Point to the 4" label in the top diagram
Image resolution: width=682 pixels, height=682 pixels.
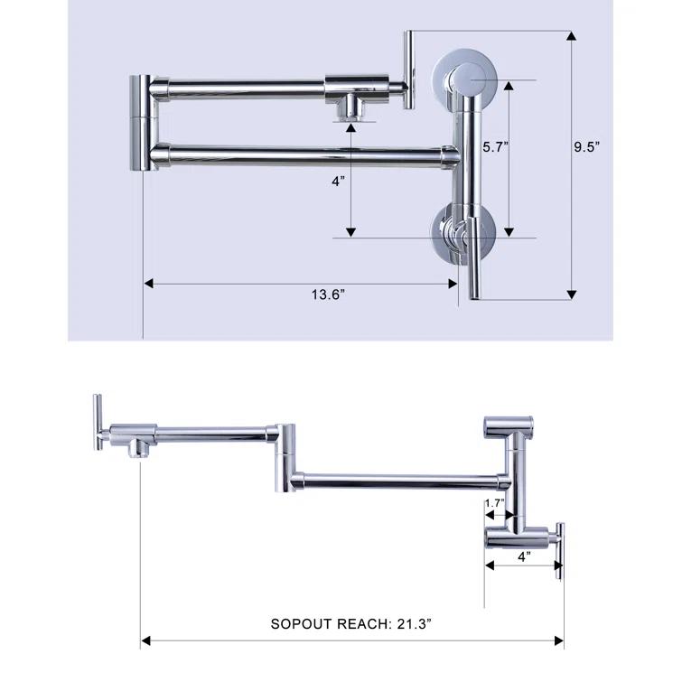pyautogui.click(x=339, y=181)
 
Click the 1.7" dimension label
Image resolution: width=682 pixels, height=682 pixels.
pyautogui.click(x=494, y=503)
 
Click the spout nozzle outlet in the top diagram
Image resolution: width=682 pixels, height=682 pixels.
pyautogui.click(x=350, y=111)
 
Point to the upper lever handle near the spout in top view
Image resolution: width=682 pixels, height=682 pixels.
pyautogui.click(x=408, y=70)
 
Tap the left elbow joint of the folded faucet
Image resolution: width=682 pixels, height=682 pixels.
pyautogui.click(x=143, y=122)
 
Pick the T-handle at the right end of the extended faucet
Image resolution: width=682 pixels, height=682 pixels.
pyautogui.click(x=560, y=549)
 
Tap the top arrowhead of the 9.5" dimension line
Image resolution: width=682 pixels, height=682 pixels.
pyautogui.click(x=571, y=35)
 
